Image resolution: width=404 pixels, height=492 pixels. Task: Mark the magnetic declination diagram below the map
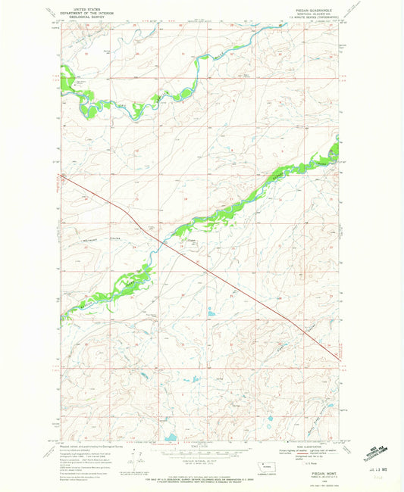click(138, 457)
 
